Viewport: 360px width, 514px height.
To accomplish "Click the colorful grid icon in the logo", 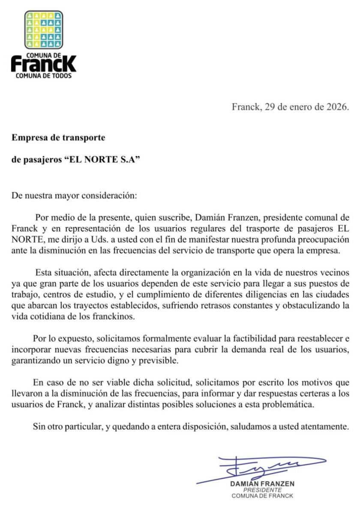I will tap(43, 30).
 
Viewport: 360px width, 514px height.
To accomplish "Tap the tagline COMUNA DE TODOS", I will tap(43, 76).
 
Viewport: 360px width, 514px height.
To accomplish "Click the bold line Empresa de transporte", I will tap(58, 137).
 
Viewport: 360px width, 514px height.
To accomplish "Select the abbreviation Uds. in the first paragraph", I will tap(94, 238).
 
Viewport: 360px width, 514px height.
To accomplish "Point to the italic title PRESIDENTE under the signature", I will tap(262, 490).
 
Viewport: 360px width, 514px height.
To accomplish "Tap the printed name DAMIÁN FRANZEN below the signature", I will tap(262, 484).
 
